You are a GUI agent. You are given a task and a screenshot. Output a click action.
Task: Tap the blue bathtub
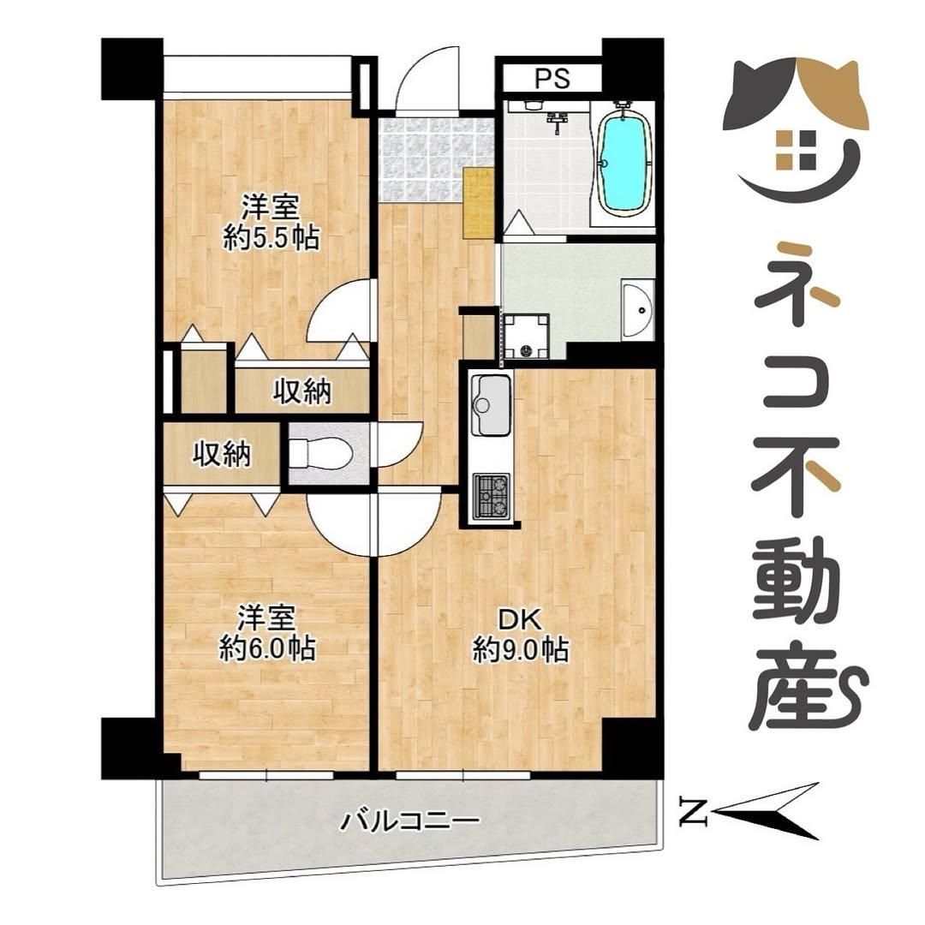[624, 163]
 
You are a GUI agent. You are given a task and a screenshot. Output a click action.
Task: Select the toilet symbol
[321, 453]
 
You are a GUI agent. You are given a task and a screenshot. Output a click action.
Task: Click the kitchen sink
[490, 404]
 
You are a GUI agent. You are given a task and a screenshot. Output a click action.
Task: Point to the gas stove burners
[492, 496]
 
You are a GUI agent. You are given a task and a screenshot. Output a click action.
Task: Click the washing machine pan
[526, 336]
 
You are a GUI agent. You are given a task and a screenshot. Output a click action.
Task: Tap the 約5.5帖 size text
[271, 237]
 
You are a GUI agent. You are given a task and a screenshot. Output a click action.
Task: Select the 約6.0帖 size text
[267, 648]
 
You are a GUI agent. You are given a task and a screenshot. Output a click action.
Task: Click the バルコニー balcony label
[409, 821]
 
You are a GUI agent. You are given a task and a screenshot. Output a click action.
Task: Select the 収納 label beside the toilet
[221, 455]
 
